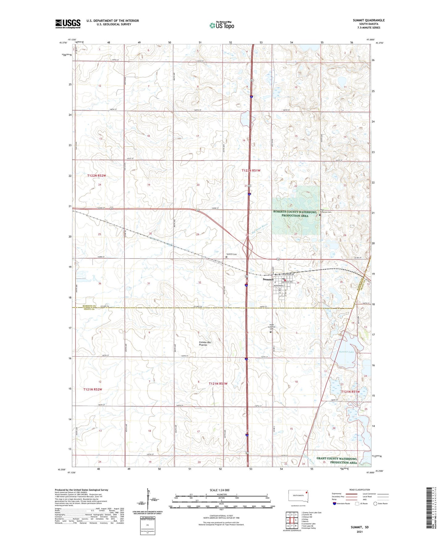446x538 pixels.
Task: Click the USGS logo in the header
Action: (x=68, y=24)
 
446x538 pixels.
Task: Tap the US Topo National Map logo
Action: (x=222, y=25)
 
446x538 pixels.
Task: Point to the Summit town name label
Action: (x=268, y=279)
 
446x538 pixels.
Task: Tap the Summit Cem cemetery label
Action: (x=231, y=254)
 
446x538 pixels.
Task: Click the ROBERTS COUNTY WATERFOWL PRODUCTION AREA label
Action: (x=295, y=214)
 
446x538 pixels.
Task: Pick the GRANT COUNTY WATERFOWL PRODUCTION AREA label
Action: (x=337, y=460)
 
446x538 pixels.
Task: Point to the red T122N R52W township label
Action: (x=97, y=176)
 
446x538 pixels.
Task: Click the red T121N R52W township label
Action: (x=93, y=389)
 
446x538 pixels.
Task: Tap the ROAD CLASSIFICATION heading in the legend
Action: (x=360, y=490)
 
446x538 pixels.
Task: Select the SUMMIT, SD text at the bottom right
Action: (x=360, y=527)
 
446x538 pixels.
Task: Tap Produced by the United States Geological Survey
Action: (x=81, y=490)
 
